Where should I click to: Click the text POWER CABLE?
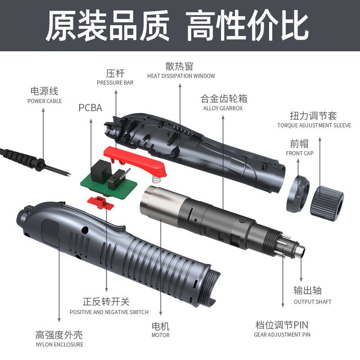click(x=45, y=101)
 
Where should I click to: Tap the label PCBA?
click(x=90, y=108)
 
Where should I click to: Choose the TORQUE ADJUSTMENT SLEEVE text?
click(x=314, y=126)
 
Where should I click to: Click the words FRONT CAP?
click(x=300, y=153)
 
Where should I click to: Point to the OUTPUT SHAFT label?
click(x=312, y=302)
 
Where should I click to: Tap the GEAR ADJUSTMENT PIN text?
click(x=282, y=335)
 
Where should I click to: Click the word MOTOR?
click(x=161, y=335)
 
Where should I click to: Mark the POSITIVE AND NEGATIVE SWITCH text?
click(x=109, y=312)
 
